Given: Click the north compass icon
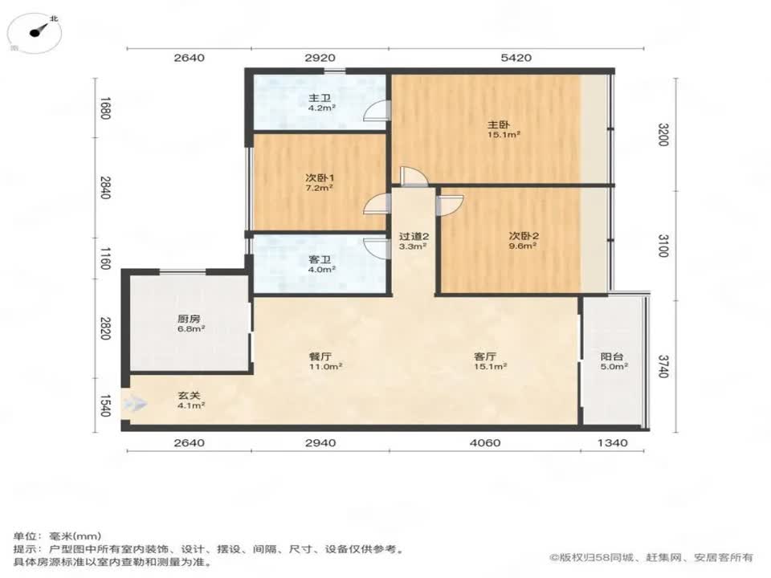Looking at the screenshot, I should click(x=39, y=31).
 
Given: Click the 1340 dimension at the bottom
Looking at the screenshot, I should click(x=613, y=443).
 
